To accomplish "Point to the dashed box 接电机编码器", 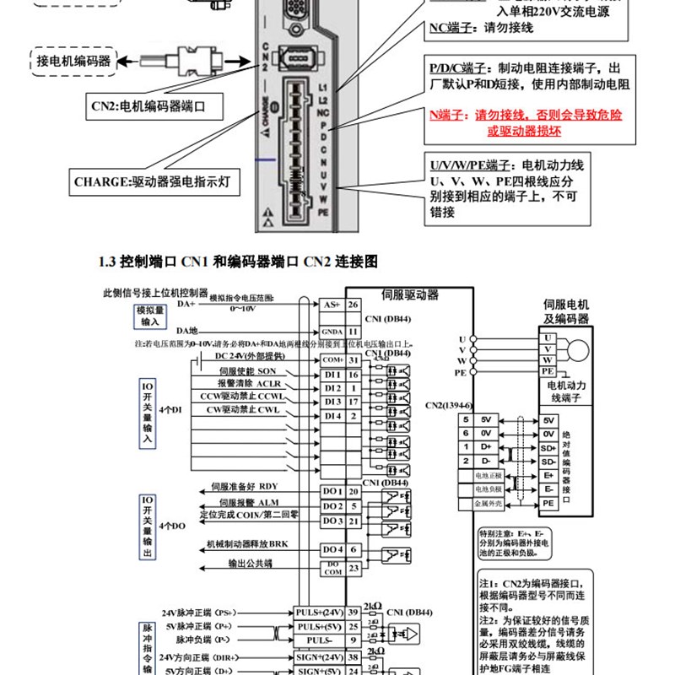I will coord(74,61).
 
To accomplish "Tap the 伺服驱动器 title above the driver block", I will coord(411,294).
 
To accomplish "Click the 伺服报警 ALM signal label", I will coord(245,502).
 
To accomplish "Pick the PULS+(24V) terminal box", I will coord(318,612).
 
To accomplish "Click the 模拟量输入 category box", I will coord(148,316).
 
